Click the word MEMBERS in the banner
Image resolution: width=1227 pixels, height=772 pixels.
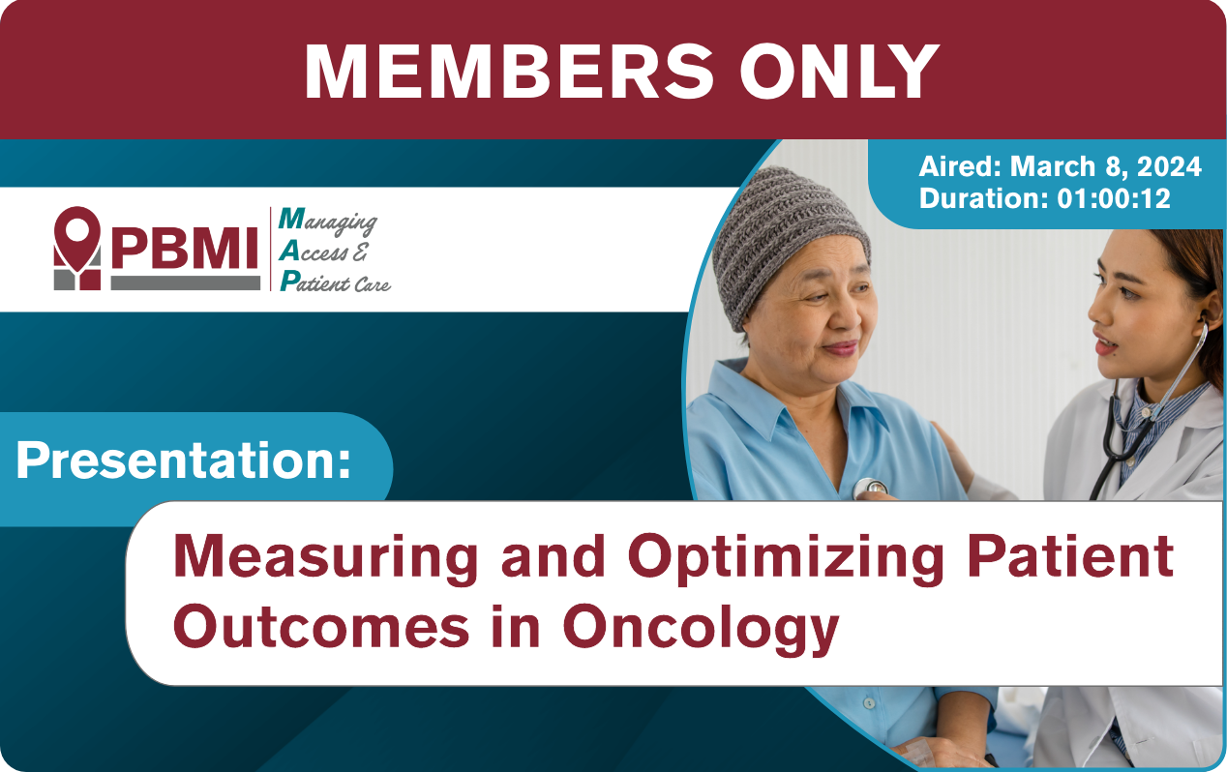509,72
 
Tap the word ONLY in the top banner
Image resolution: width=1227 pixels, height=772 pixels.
839,72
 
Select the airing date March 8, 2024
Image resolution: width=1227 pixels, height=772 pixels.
1105,166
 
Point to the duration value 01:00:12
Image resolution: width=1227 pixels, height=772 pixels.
1114,198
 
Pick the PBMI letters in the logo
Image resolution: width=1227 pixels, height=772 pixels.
185,249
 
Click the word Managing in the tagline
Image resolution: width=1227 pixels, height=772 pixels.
328,222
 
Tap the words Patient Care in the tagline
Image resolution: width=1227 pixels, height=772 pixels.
335,282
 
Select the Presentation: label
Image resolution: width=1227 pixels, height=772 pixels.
184,461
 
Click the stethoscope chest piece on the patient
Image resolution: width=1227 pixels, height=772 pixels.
869,488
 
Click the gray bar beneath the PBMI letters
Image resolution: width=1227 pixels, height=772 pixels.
185,282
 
